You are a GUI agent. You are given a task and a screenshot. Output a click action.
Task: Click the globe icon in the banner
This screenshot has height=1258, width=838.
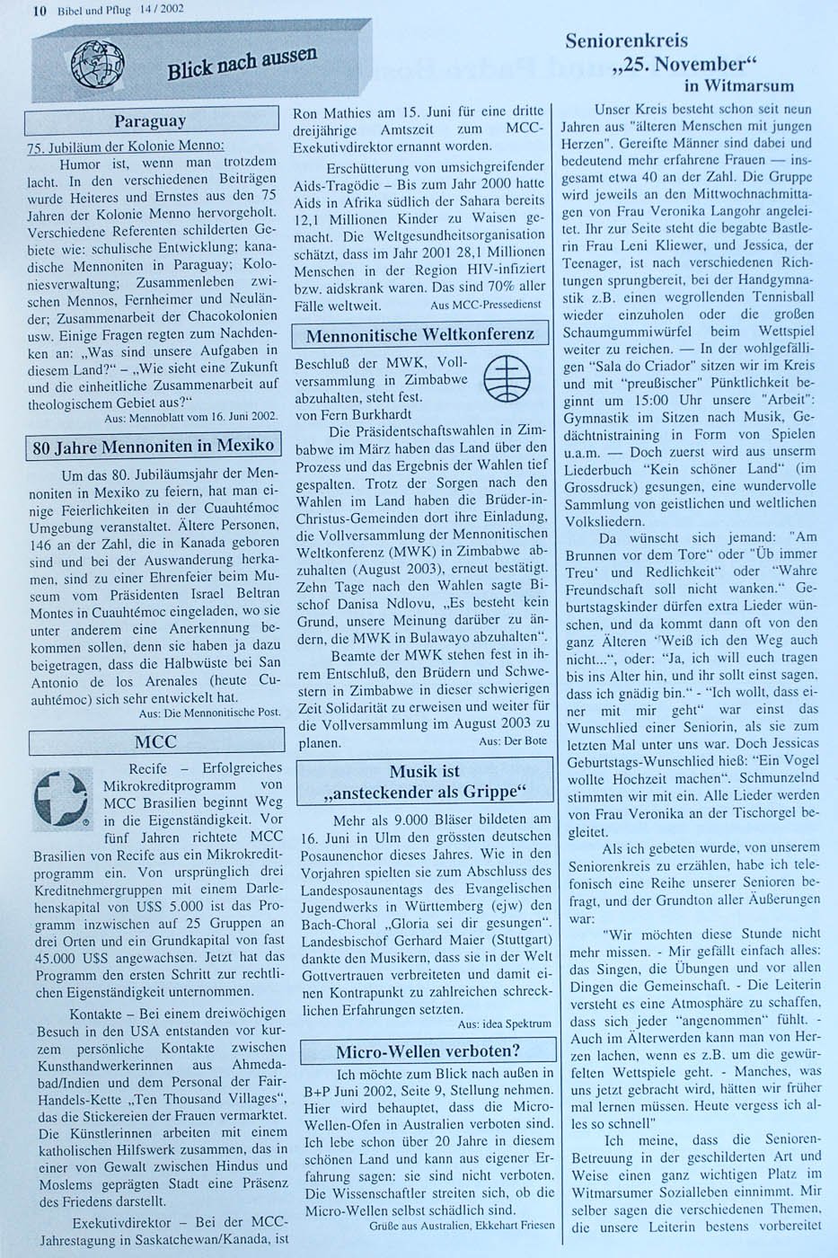tap(98, 66)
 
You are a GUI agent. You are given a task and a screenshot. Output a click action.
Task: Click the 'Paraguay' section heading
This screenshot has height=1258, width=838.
tap(150, 120)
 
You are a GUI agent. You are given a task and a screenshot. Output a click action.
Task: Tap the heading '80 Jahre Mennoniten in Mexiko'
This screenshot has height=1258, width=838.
tap(153, 447)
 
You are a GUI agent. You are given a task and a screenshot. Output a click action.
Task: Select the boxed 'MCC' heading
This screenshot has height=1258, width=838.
tap(155, 741)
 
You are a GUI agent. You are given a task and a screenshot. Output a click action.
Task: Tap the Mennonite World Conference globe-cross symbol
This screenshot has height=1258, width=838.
tap(507, 378)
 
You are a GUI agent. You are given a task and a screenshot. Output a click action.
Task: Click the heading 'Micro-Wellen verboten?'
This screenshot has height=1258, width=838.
tap(428, 1050)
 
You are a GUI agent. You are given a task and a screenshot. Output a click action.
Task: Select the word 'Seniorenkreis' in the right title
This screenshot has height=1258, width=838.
tap(626, 40)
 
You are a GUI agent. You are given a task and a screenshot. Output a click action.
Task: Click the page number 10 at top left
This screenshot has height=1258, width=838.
tap(39, 11)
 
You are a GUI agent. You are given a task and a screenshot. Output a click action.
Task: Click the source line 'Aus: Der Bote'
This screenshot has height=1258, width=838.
tap(512, 741)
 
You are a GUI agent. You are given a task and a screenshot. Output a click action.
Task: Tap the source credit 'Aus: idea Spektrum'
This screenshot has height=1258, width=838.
tap(504, 1023)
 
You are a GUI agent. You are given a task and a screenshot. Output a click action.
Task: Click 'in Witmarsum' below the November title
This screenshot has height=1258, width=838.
tap(738, 86)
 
